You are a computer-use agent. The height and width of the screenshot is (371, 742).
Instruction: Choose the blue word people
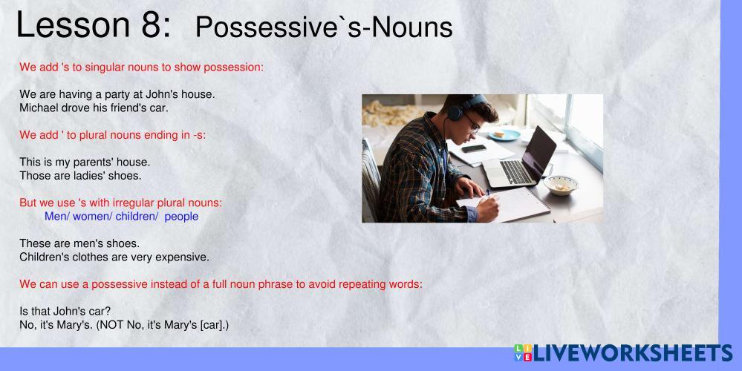(x=181, y=217)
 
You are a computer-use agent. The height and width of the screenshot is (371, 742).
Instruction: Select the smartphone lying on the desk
(x=474, y=148)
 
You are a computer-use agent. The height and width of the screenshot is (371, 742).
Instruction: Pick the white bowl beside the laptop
(x=561, y=185)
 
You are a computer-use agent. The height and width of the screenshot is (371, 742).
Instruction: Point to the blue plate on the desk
(x=504, y=135)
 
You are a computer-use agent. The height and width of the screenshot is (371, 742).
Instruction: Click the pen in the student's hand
(x=488, y=194)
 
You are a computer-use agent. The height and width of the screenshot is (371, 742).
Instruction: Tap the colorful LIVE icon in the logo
(x=523, y=353)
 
